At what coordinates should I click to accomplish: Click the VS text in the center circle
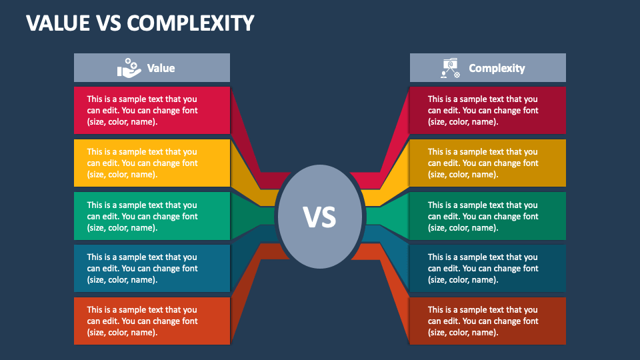pos(319,217)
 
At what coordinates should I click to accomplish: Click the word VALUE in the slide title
pos(58,23)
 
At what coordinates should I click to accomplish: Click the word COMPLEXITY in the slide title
pos(191,23)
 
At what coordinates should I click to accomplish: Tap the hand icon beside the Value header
pos(129,68)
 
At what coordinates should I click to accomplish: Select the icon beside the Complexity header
pos(450,68)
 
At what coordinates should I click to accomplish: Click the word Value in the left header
pos(161,68)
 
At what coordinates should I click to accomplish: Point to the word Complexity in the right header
pos(497,68)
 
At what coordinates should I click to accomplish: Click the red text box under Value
pos(152,110)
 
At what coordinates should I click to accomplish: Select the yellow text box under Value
pos(152,163)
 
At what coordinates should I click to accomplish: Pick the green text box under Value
pos(152,216)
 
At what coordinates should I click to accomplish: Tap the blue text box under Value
pos(152,268)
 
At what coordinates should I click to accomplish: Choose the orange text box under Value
pos(152,321)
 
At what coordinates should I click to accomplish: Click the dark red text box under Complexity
pos(488,110)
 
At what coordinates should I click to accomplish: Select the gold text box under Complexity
pos(488,163)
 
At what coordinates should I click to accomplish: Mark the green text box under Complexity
pos(488,216)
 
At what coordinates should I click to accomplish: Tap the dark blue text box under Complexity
pos(488,268)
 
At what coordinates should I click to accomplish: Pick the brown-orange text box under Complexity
pos(488,321)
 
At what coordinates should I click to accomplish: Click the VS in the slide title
pos(109,23)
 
